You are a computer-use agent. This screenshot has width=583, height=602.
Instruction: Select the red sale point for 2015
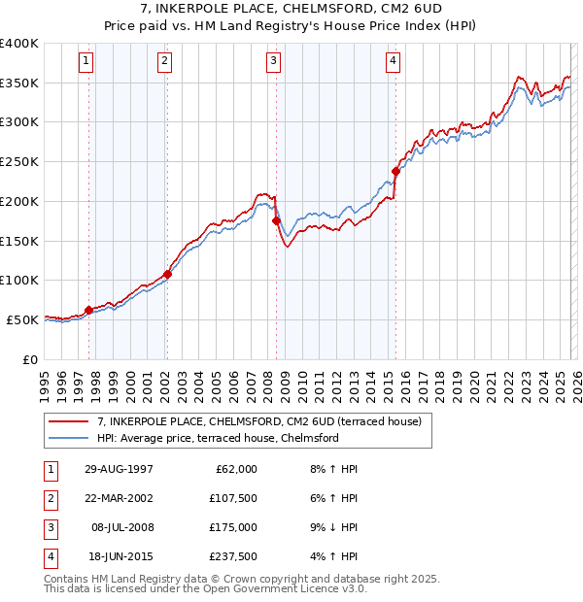[395, 172]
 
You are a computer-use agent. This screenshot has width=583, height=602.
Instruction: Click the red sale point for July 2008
[276, 220]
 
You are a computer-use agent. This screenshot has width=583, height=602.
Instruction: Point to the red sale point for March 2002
[167, 274]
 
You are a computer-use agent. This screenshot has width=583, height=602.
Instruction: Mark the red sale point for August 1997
[89, 310]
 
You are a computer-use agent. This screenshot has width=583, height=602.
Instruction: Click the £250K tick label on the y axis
[19, 162]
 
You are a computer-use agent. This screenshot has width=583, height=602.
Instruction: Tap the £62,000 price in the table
[235, 469]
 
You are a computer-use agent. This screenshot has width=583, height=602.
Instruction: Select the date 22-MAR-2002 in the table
[119, 498]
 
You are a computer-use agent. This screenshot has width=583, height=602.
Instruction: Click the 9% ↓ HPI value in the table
[334, 527]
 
